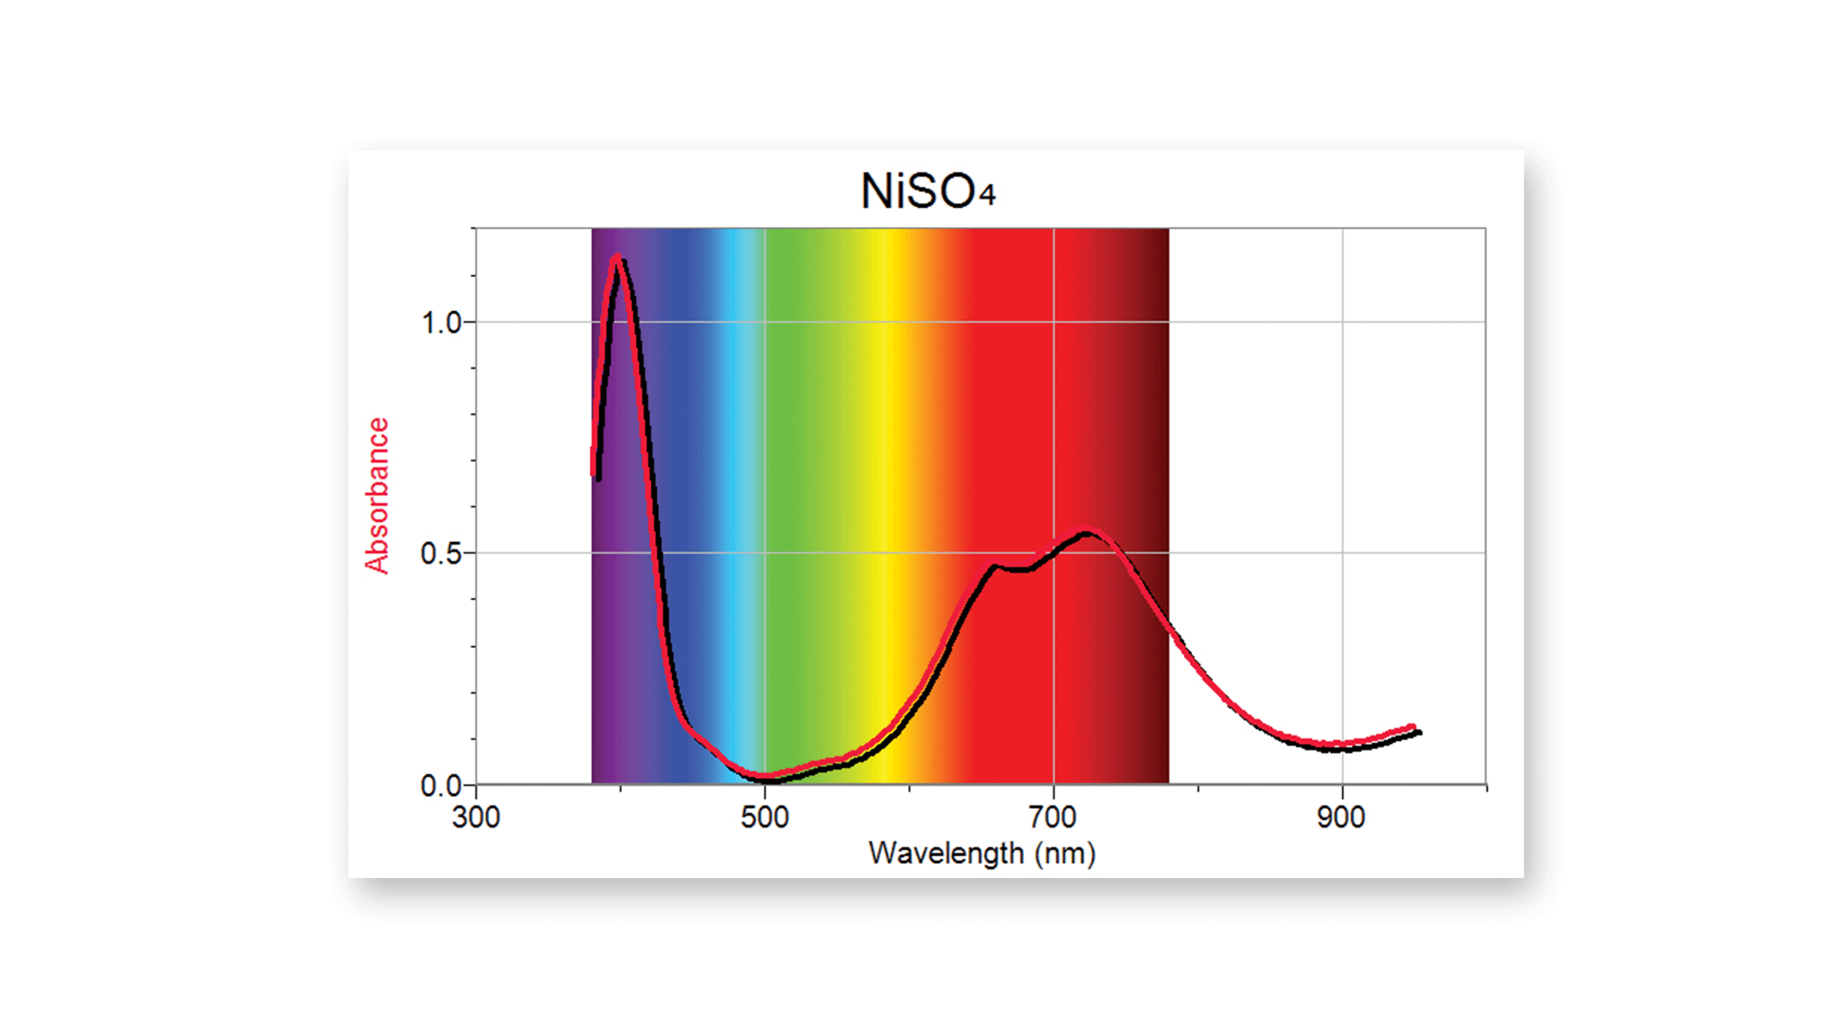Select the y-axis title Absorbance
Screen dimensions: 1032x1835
point(377,496)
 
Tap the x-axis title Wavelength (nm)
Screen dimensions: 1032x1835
point(982,853)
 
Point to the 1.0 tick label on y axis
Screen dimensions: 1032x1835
point(440,323)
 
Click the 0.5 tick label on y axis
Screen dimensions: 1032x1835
point(440,554)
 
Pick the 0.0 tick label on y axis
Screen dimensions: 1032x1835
point(440,786)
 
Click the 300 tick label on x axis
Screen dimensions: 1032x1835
point(476,817)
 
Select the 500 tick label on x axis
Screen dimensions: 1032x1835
point(765,817)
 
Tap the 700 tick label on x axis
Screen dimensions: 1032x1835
point(1053,817)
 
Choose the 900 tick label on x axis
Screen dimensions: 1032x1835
point(1341,817)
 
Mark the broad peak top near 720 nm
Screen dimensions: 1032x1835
point(1086,533)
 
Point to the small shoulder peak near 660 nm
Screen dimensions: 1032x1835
point(993,565)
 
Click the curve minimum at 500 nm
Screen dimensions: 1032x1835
point(765,777)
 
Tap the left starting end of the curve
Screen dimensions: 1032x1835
point(594,475)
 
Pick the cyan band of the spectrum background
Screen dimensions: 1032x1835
point(732,451)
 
